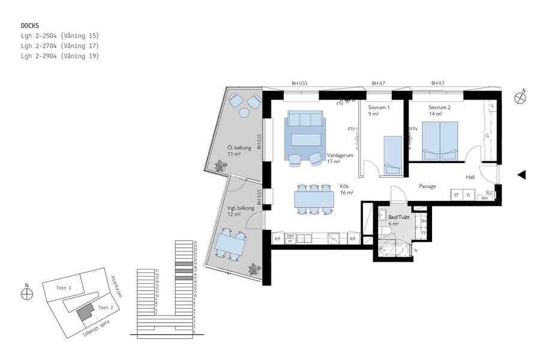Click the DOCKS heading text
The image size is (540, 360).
[x=31, y=25]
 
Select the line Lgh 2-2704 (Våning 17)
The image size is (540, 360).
[x=59, y=46]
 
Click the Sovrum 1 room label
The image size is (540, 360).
[x=379, y=110]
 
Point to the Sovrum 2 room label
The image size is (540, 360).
[x=439, y=110]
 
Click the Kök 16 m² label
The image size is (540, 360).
[x=346, y=190]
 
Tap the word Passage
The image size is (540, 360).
[x=427, y=186]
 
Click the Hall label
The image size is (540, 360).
[x=471, y=177]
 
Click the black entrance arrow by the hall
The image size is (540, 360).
[x=521, y=175]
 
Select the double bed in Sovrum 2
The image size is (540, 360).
[x=440, y=141]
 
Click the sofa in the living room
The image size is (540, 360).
[x=306, y=119]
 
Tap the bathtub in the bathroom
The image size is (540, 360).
[x=394, y=249]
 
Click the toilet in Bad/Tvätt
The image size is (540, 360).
[x=385, y=231]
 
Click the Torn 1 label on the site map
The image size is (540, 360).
[x=64, y=288]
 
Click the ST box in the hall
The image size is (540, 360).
[x=456, y=195]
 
